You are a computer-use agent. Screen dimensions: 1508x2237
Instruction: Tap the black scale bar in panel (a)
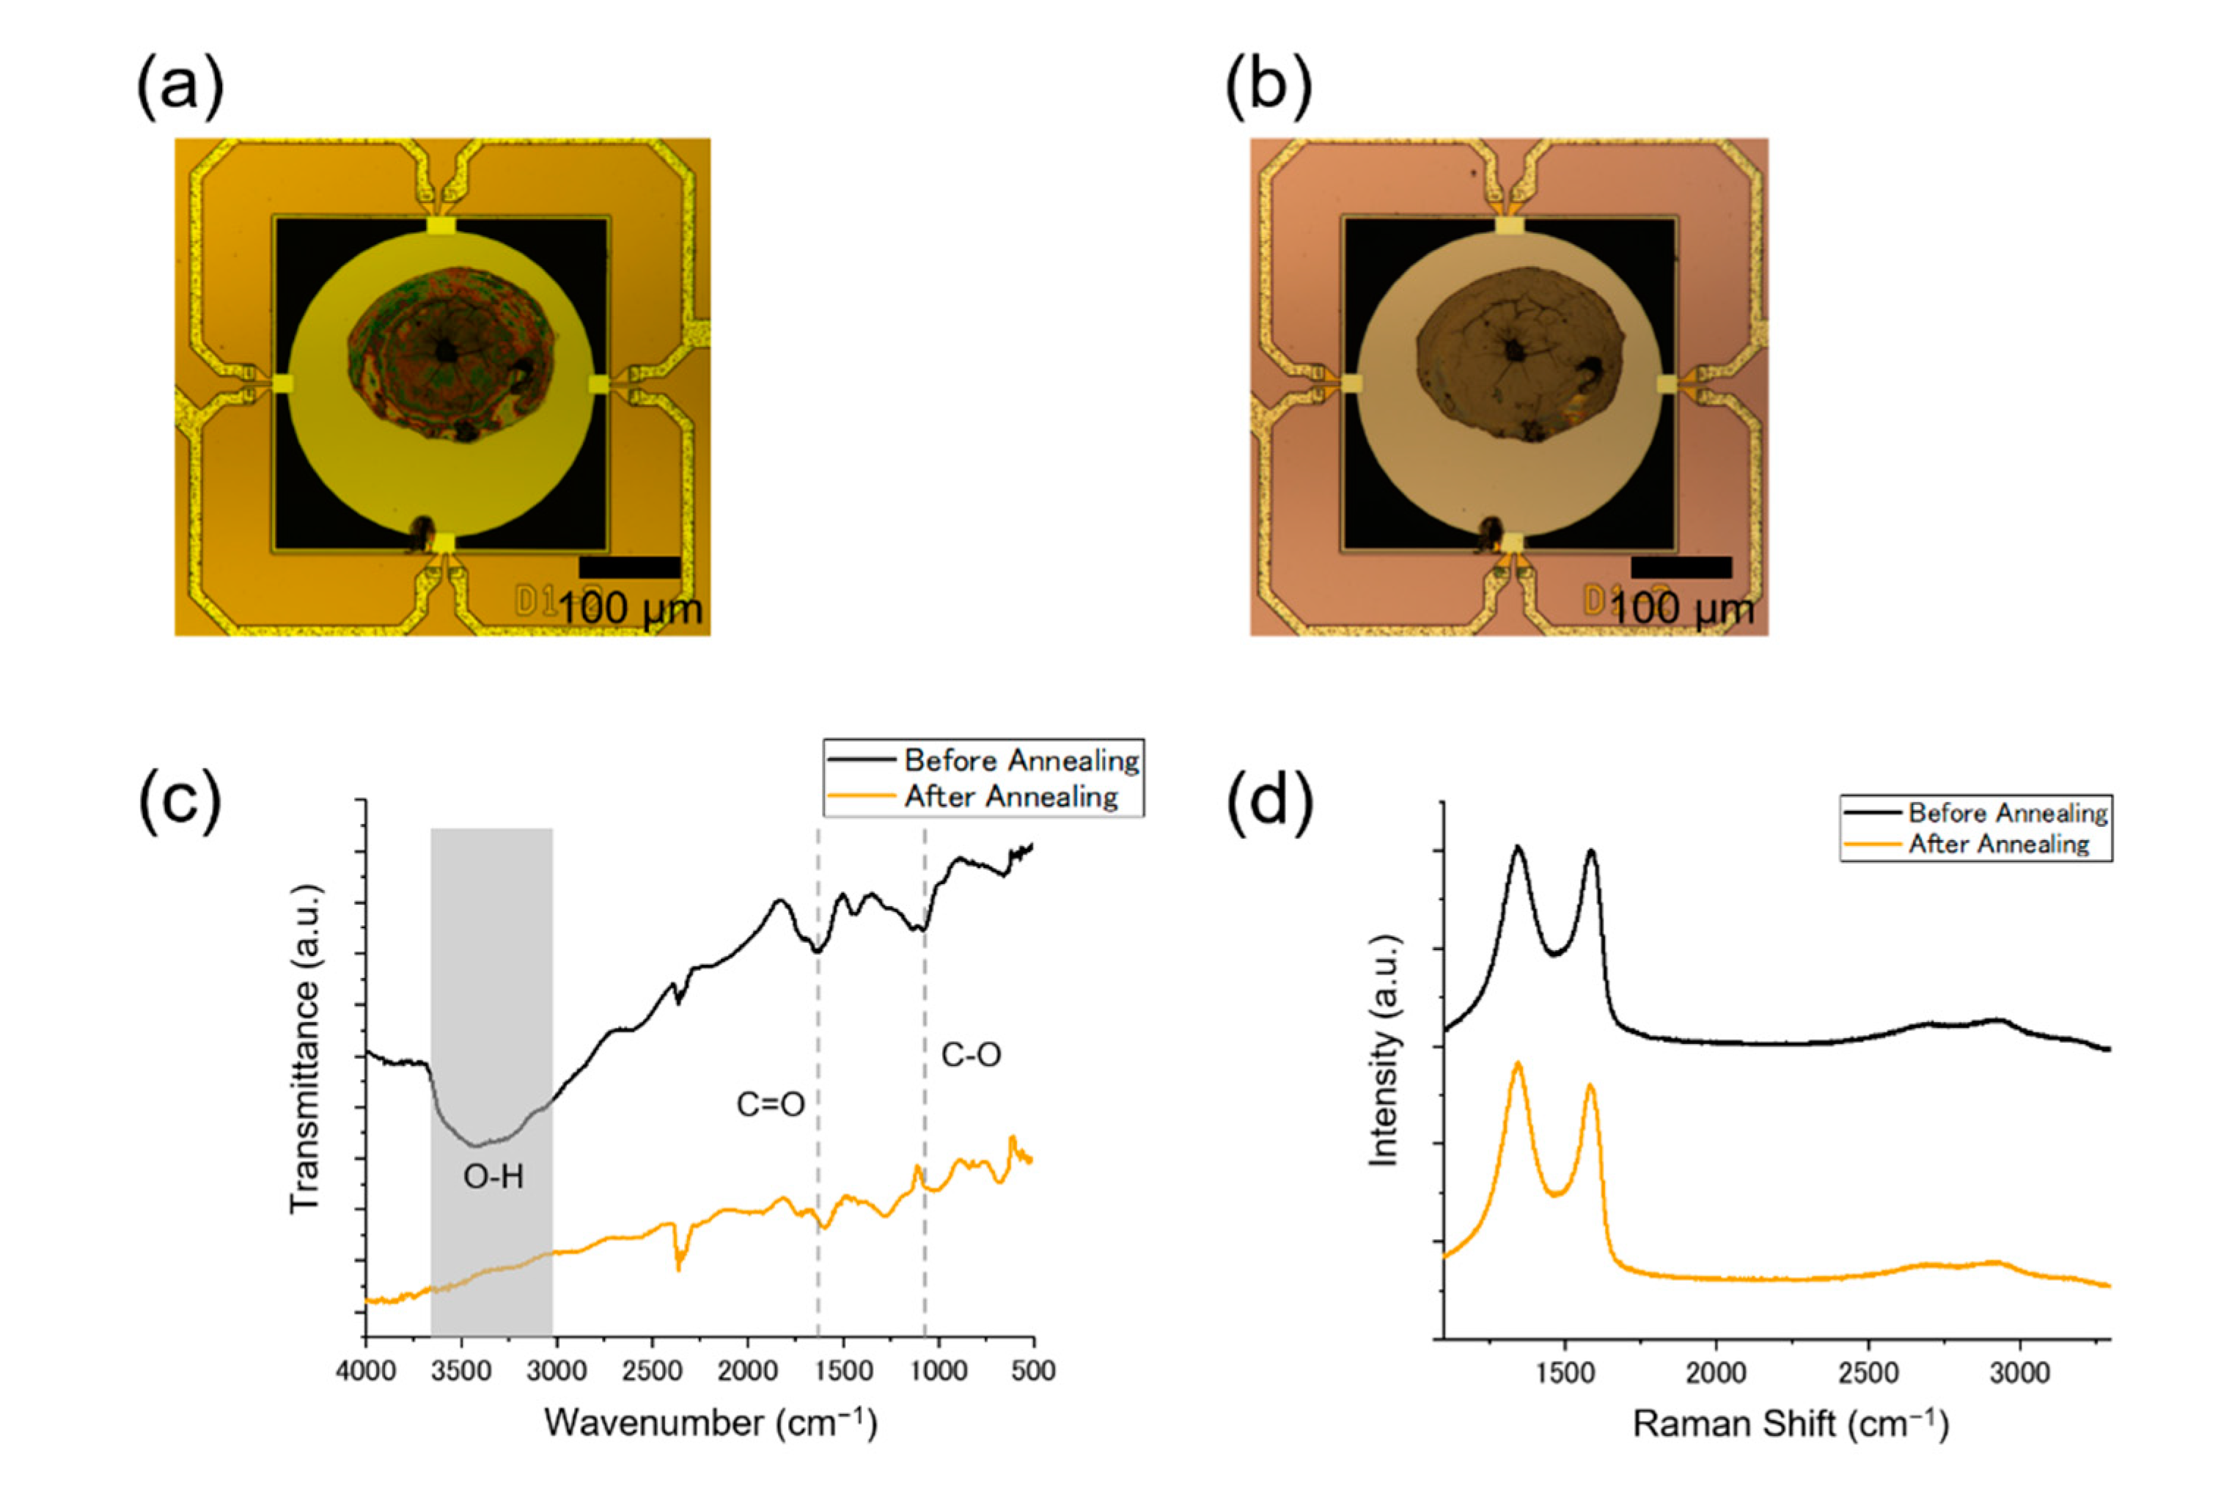click(x=629, y=567)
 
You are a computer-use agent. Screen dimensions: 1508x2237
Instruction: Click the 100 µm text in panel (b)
click(x=1682, y=608)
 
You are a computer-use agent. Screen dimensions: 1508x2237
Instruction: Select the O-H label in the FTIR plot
click(x=493, y=1176)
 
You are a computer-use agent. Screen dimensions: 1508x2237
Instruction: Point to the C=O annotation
click(x=771, y=1105)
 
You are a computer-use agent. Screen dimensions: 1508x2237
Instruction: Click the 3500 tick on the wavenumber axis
click(x=460, y=1370)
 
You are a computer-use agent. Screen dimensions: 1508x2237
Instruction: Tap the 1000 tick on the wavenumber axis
click(x=938, y=1370)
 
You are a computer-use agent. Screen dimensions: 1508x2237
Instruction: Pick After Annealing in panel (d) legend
click(x=1999, y=845)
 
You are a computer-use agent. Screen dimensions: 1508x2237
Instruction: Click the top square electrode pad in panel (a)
click(x=441, y=225)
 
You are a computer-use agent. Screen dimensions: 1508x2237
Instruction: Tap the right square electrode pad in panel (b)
click(x=1667, y=383)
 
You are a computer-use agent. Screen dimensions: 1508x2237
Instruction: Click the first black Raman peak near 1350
click(x=1518, y=848)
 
